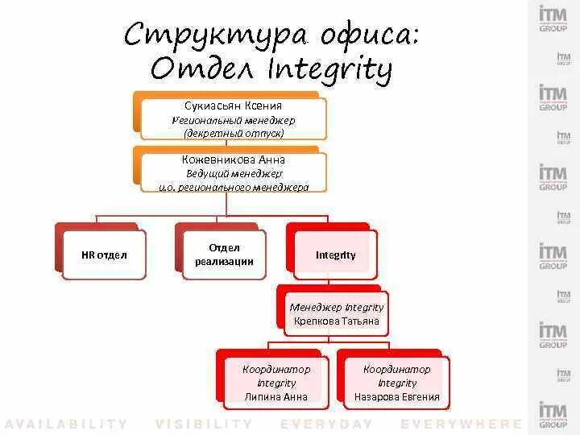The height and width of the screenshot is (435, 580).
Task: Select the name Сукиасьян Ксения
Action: [233, 106]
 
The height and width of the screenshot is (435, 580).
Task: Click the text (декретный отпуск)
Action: [234, 133]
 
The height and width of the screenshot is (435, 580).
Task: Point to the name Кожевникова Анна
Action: [234, 159]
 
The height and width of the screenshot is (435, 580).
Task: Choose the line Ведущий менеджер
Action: [234, 173]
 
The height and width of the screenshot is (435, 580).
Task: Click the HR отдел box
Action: [104, 255]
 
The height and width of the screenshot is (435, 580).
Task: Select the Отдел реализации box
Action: [224, 255]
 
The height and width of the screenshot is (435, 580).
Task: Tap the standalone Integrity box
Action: [336, 255]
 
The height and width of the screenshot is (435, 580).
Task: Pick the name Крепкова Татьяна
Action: [336, 321]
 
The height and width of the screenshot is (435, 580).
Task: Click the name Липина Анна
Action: [275, 396]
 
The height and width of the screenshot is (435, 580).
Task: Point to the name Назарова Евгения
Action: [396, 396]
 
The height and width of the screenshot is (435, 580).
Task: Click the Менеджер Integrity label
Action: [336, 307]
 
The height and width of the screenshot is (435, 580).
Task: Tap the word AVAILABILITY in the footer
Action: [66, 424]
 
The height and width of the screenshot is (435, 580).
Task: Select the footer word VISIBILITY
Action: [204, 424]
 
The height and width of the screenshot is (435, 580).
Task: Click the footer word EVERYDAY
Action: [327, 424]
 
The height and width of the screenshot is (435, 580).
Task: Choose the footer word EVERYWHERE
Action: [462, 424]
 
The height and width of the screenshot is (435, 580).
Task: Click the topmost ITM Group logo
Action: [553, 18]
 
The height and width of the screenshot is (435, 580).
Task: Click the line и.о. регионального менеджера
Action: [234, 187]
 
